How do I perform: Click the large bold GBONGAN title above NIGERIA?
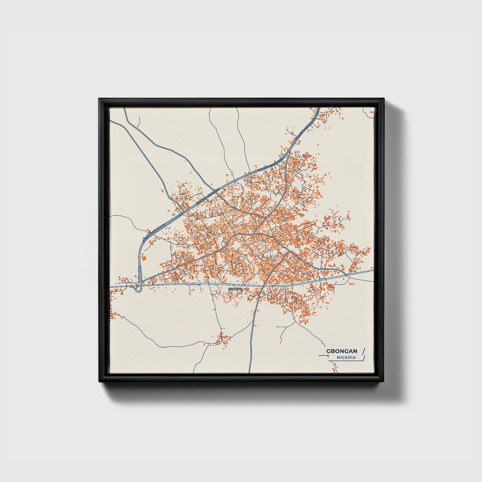[x=342, y=351]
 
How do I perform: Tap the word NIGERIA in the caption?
[x=346, y=357]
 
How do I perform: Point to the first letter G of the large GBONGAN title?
[x=328, y=351]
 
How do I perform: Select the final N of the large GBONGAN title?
[x=355, y=351]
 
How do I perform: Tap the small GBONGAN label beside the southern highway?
[x=235, y=288]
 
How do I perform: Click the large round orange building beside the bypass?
[x=144, y=258]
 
